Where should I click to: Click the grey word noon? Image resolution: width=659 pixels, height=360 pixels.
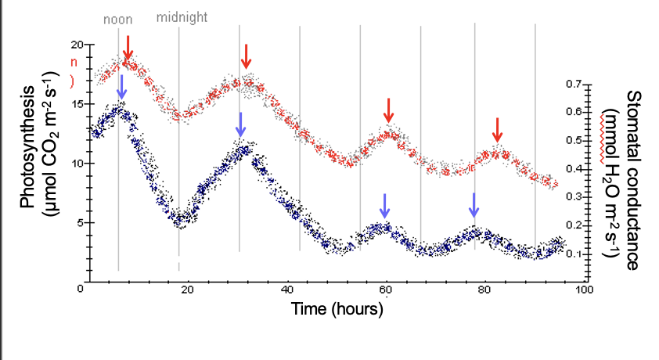(x=118, y=18)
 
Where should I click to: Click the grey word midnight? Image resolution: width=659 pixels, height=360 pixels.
(x=182, y=16)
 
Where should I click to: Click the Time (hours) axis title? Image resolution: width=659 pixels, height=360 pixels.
(x=337, y=309)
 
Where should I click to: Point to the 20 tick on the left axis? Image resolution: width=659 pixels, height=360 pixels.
(x=75, y=44)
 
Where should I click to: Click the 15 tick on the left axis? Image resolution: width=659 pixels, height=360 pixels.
(x=75, y=103)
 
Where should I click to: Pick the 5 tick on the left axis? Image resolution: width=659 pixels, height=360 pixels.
(x=78, y=223)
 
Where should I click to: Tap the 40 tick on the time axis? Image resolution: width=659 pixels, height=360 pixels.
(x=286, y=290)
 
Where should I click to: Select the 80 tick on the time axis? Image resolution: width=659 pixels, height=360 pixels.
(x=484, y=290)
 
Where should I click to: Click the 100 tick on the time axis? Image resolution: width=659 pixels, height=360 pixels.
(x=583, y=290)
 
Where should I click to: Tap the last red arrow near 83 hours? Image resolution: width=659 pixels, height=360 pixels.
(x=497, y=130)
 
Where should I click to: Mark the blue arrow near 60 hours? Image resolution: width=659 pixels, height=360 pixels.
(x=384, y=206)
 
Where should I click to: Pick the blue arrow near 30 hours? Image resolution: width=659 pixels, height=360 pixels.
(x=241, y=124)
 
